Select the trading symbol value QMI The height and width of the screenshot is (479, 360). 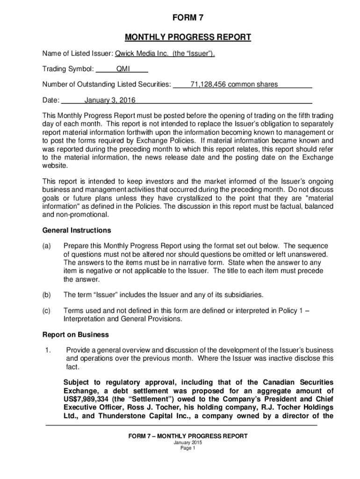(x=123, y=69)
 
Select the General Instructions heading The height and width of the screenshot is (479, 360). (x=77, y=230)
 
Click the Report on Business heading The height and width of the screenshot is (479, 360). (x=76, y=334)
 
